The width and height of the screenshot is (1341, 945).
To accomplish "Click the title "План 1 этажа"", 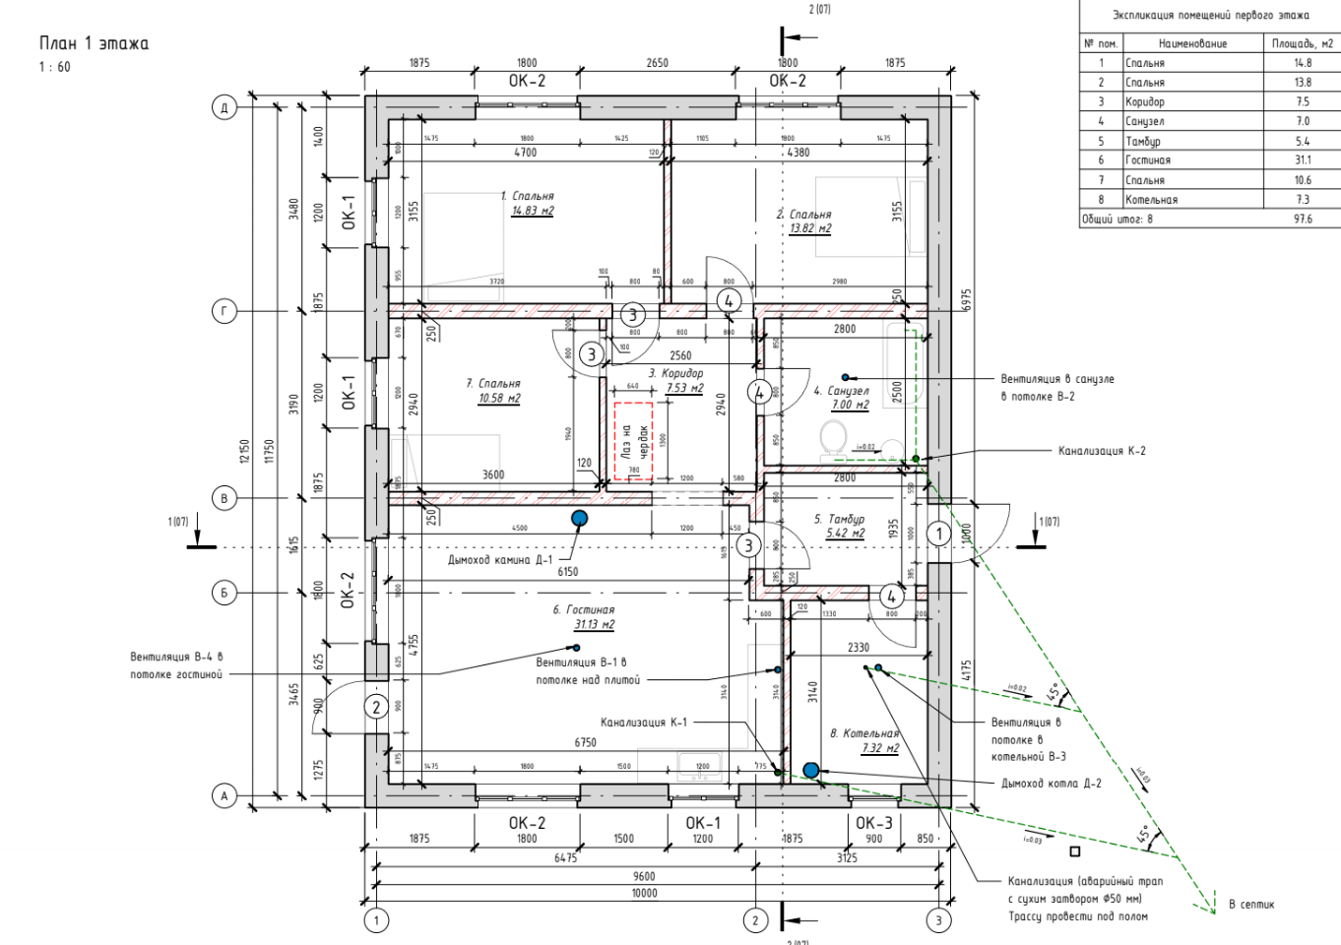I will tap(94, 43).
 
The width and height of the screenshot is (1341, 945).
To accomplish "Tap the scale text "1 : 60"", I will tap(55, 67).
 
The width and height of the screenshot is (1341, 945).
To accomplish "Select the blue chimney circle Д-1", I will tap(580, 518).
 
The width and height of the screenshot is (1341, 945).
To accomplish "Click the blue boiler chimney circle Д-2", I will tap(810, 770).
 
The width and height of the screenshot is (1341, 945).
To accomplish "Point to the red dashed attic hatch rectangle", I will tap(633, 441).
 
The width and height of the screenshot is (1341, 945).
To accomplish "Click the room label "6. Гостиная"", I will tap(584, 610).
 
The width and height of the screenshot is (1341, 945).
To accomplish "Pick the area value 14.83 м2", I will tap(532, 211).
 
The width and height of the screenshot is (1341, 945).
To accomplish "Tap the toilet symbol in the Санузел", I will tap(833, 437).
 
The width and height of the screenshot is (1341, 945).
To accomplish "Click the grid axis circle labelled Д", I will tap(224, 107).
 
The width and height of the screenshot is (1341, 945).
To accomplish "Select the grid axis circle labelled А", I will tap(224, 795).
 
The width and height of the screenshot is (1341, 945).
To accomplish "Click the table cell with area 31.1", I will tap(1303, 160).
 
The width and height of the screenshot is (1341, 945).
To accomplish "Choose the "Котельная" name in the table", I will tap(1151, 200).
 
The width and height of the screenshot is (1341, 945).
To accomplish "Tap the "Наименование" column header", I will tap(1192, 43).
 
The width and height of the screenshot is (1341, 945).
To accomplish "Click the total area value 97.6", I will tap(1303, 220).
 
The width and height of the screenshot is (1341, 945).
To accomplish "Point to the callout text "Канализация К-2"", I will tap(1102, 451).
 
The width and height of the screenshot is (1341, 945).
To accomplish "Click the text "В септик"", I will tap(1250, 904).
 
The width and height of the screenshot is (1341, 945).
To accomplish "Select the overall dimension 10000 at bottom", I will tap(644, 893).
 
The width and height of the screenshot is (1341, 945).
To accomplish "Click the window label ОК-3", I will tap(873, 823).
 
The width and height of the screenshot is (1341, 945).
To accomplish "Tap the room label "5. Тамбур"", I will tap(839, 519).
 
